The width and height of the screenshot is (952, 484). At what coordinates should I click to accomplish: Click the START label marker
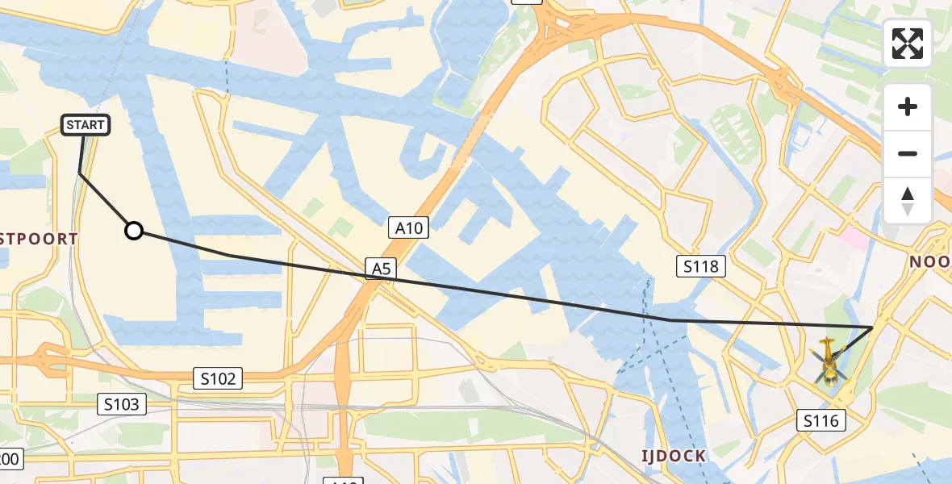pos(85,125)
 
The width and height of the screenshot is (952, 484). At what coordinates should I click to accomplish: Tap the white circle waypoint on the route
pos(134,232)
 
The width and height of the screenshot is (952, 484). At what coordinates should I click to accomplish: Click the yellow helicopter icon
pos(828,361)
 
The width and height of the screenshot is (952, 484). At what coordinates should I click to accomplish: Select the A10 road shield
pos(409,228)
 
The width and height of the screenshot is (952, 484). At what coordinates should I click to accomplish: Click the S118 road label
pos(700,265)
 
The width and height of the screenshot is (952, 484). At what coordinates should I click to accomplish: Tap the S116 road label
pos(822,419)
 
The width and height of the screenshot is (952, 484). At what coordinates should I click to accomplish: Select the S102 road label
pos(218,378)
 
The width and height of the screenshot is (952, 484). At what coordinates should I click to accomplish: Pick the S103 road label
pos(122,404)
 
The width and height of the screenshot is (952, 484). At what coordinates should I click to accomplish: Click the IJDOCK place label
pos(674,457)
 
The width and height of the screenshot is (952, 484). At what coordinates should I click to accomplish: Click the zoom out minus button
pos(908,153)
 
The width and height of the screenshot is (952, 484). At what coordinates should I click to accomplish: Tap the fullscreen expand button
pos(908,44)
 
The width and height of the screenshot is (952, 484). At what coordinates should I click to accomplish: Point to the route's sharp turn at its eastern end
pos(872,327)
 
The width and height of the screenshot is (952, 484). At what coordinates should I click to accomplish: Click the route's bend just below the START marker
pos(80,173)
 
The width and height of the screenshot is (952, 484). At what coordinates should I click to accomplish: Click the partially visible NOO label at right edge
pos(929,262)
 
